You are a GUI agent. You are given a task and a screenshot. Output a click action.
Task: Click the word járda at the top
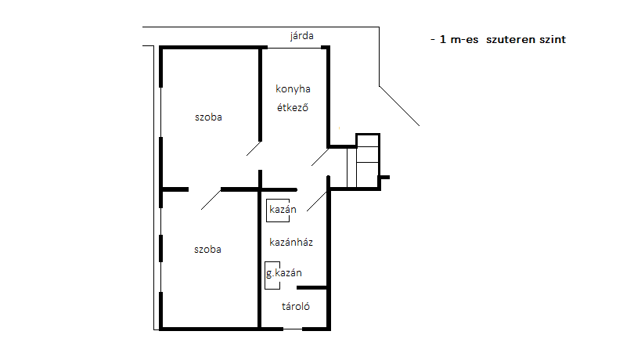tap(301, 36)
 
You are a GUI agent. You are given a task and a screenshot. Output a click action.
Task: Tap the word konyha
tap(293, 89)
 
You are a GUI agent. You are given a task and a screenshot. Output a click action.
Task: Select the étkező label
tap(292, 107)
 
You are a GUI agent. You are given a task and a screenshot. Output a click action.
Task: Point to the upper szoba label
tap(208, 117)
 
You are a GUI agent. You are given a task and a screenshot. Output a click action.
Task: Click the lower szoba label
tap(207, 250)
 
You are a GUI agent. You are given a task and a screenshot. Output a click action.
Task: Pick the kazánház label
tap(291, 242)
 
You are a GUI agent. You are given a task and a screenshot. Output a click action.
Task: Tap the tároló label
tap(296, 306)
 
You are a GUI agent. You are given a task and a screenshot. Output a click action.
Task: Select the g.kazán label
tap(283, 273)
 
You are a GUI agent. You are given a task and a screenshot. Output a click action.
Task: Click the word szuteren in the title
tap(510, 40)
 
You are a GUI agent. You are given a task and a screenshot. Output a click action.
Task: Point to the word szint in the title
tap(553, 40)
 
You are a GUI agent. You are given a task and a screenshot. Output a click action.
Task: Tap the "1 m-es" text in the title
tap(459, 40)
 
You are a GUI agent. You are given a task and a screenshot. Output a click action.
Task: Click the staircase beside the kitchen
tap(363, 161)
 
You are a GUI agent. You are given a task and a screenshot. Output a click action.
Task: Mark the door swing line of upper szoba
tap(254, 149)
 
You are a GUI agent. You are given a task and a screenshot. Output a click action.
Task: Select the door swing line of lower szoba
tap(211, 200)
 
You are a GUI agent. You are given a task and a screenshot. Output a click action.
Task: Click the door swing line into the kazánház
tap(317, 201)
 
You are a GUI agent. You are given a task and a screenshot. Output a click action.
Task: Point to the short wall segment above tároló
tap(312, 288)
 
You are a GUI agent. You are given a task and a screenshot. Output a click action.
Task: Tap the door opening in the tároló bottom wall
tap(293, 329)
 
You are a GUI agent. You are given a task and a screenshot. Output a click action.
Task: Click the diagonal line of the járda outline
tap(399, 106)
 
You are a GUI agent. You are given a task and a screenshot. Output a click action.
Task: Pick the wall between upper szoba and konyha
tap(260, 95)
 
